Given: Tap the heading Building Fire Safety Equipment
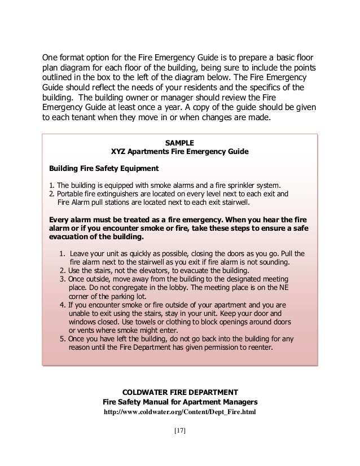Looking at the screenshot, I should (104, 168).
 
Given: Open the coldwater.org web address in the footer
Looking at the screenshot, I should (179, 412).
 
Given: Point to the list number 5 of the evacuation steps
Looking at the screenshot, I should (62, 339).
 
